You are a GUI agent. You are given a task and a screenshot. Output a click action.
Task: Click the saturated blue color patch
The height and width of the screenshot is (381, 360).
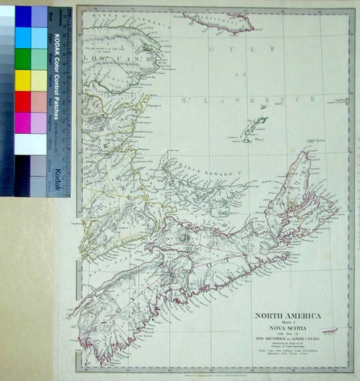[23, 16]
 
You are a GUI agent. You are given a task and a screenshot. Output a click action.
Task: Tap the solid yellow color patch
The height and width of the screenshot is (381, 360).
[23, 80]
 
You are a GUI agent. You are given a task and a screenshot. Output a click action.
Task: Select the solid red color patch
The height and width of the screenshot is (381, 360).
[23, 101]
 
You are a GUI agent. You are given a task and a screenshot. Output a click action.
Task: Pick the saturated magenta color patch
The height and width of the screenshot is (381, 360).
[23, 123]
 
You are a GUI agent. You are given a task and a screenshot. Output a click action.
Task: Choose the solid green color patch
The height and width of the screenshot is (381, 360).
[23, 59]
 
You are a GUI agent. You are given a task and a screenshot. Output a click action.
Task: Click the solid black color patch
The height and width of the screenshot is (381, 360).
[23, 166]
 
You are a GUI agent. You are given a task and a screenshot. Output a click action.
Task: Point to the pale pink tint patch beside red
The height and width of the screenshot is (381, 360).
[39, 101]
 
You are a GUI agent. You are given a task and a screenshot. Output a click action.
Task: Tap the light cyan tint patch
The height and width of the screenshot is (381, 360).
[39, 37]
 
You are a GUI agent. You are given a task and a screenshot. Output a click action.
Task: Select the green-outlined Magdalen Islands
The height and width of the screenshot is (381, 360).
[254, 129]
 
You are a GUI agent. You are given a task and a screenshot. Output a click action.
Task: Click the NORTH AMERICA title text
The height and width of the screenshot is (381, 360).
[287, 315]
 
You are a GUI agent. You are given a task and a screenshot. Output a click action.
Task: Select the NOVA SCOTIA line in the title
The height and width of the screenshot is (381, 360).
[287, 329]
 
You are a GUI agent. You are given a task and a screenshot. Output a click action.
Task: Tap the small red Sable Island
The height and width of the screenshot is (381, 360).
[329, 331]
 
